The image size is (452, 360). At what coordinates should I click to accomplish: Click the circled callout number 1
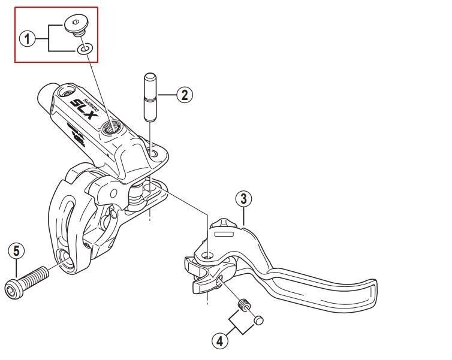pos(26,40)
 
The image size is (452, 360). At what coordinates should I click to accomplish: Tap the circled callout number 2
pos(185,94)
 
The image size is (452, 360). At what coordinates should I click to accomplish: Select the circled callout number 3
pos(243,198)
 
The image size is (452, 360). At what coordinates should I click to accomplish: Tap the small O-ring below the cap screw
pos(85,48)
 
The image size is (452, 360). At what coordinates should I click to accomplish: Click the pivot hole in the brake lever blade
pos(207,256)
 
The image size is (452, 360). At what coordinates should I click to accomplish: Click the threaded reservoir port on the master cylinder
pos(111,126)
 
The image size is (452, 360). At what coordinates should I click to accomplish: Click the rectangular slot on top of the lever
pos(223,234)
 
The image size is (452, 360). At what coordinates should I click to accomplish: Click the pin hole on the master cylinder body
pos(155,154)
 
